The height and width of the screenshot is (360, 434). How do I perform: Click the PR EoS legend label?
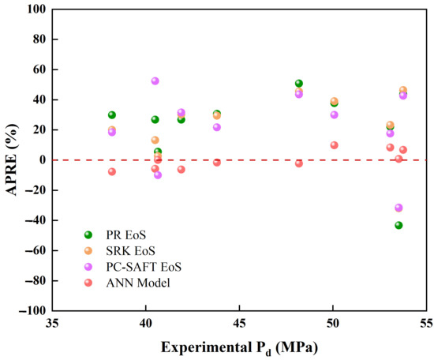tap(126, 235)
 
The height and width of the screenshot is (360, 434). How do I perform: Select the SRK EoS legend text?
tap(130, 251)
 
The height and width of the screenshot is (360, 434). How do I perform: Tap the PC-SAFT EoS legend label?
tap(144, 267)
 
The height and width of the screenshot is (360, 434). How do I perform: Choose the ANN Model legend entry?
tap(138, 283)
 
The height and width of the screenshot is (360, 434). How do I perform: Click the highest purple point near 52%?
tap(155, 81)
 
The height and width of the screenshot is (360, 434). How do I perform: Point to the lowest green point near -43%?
tap(398, 225)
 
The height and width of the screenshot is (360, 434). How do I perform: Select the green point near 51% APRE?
tap(298, 83)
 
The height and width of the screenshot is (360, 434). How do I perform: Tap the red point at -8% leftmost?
tap(112, 171)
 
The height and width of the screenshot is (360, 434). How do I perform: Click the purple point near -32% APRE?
tap(398, 208)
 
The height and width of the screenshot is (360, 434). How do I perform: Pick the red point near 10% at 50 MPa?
tap(334, 145)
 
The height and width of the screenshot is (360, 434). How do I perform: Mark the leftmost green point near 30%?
tap(112, 115)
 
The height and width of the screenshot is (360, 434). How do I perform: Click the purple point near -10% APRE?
tap(158, 175)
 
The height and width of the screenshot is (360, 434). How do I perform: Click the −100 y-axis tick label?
tap(32, 311)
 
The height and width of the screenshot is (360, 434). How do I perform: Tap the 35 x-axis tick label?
tap(52, 323)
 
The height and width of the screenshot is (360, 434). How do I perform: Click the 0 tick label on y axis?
tap(43, 160)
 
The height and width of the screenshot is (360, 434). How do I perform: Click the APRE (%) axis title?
tap(12, 159)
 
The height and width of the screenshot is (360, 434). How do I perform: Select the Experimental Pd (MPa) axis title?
tap(239, 347)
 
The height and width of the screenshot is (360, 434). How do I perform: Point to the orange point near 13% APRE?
tap(155, 140)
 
